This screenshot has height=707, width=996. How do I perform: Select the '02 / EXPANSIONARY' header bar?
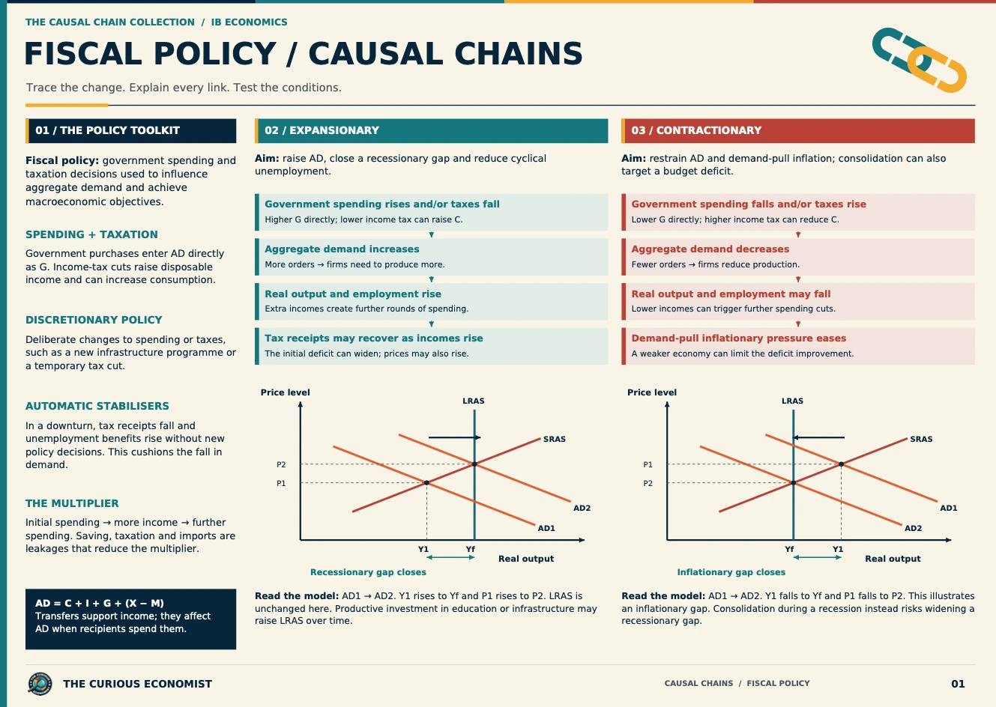tap(432, 130)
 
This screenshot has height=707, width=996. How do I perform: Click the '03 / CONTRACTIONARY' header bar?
tap(798, 130)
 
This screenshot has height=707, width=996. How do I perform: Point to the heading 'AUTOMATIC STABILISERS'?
tap(97, 406)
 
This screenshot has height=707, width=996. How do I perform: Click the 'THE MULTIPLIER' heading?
tap(72, 503)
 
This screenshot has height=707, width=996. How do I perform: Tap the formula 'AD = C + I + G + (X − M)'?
tap(100, 603)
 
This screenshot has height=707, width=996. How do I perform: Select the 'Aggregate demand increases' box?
tap(432, 257)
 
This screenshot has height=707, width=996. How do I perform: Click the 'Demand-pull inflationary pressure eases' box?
tap(798, 346)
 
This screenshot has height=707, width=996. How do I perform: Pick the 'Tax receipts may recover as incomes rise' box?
tap(432, 346)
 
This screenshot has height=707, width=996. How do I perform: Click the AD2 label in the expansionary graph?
tap(582, 508)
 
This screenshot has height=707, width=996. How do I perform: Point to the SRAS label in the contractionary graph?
tap(921, 439)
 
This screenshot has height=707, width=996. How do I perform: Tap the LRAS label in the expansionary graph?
tap(474, 401)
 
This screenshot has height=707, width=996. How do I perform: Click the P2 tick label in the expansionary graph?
tap(281, 464)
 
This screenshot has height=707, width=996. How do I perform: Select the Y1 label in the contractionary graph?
tap(838, 549)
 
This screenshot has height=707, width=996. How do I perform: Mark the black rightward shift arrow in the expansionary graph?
tap(454, 437)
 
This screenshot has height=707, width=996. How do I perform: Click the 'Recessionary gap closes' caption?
tap(368, 572)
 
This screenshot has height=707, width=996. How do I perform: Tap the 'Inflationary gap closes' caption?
tap(731, 572)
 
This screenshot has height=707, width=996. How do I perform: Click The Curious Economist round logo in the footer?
tap(40, 684)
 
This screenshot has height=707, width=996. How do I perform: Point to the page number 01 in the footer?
tap(959, 684)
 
